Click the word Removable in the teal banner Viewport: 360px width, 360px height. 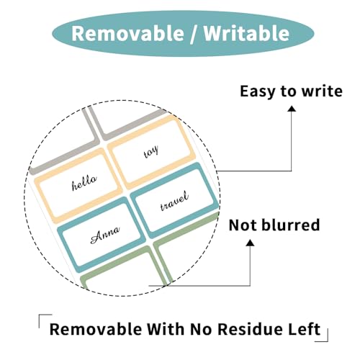128,33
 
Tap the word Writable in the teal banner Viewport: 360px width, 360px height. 246,33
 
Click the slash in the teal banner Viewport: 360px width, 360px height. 194,34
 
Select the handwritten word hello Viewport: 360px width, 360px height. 84,183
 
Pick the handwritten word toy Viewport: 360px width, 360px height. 151,152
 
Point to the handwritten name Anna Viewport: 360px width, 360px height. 105,234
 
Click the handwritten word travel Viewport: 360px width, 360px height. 174,201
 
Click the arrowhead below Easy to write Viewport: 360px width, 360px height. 292,109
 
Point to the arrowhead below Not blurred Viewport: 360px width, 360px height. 251,243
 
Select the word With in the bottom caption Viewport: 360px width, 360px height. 166,329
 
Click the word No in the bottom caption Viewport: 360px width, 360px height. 201,329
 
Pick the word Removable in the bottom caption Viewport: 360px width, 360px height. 96,329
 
